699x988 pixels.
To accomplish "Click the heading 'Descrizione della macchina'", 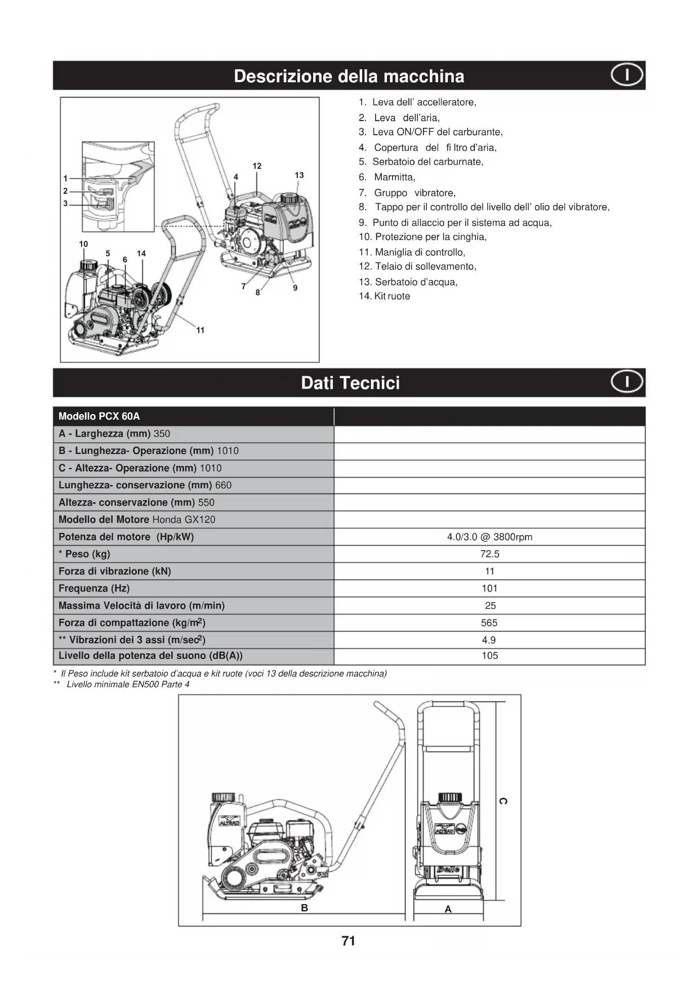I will click(349, 76).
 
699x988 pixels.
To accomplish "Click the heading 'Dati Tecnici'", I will click(350, 383).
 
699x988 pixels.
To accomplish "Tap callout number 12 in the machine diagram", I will click(257, 166).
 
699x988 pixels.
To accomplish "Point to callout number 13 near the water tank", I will click(299, 175).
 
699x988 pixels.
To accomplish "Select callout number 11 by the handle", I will click(201, 330).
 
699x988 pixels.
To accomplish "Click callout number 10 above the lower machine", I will click(83, 244).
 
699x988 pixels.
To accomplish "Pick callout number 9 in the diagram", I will click(295, 288).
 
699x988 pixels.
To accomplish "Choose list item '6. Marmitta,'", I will click(387, 177).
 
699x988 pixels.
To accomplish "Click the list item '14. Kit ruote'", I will click(385, 296).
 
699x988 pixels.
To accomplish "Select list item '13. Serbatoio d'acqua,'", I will click(408, 282).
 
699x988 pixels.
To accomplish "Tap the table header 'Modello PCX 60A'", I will click(99, 416).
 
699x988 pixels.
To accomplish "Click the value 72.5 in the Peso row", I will click(489, 554).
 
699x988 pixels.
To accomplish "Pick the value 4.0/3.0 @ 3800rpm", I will click(489, 537).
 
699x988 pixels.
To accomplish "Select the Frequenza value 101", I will click(489, 589).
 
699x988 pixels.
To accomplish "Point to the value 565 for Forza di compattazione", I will click(489, 623).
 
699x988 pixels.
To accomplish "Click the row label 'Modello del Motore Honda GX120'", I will click(137, 520).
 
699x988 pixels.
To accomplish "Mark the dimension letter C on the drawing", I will click(503, 801).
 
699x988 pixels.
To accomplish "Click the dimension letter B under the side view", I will click(304, 908).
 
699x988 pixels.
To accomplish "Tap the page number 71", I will click(349, 941).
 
